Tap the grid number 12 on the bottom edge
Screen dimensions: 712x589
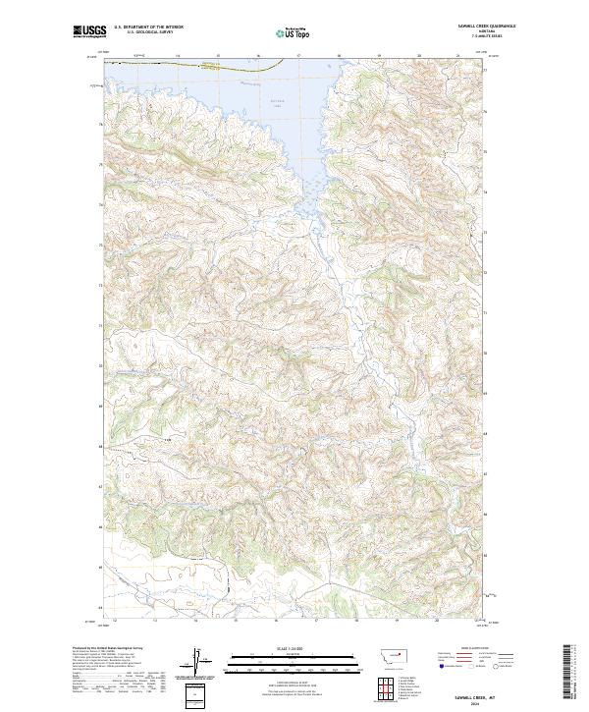[116, 621]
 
